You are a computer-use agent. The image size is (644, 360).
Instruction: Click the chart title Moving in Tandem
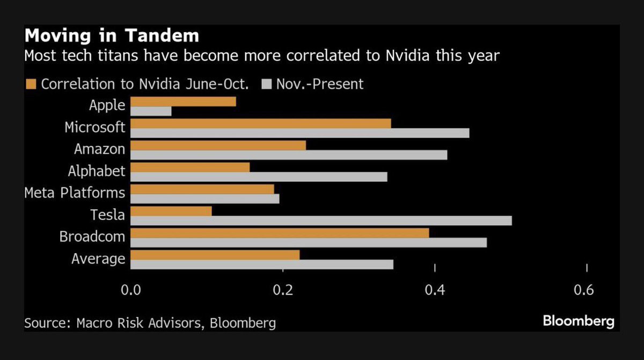[112, 36]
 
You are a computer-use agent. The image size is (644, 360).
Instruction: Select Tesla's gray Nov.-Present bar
[321, 221]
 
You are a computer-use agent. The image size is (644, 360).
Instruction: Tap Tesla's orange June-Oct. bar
[171, 211]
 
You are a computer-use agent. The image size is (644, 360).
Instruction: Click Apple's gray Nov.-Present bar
[151, 111]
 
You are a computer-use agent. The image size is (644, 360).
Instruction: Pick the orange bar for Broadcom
[280, 233]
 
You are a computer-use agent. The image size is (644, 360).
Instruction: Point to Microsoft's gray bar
[300, 133]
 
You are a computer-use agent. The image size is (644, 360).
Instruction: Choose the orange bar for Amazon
[218, 145]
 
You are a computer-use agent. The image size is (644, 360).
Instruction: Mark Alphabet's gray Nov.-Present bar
[259, 177]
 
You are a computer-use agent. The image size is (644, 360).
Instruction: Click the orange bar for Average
[215, 255]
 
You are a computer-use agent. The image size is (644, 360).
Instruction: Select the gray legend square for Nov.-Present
[266, 84]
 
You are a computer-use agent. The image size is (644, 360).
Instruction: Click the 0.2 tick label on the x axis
[283, 290]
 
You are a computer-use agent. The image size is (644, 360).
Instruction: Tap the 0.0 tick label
[131, 290]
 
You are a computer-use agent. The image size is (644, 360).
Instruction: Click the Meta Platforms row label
[75, 193]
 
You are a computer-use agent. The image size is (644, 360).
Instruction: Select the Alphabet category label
[97, 171]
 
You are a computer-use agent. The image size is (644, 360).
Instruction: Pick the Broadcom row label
[92, 237]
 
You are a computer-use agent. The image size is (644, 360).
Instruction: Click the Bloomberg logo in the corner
[578, 321]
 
